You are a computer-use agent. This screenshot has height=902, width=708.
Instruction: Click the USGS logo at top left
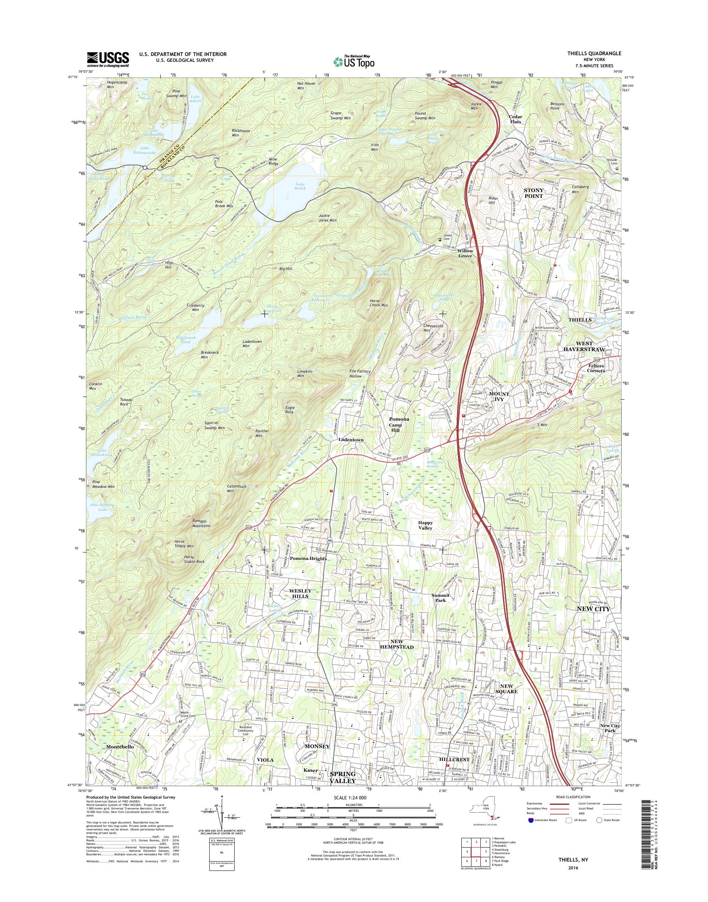[x=108, y=59]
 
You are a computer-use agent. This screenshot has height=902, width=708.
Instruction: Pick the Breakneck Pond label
[x=182, y=339]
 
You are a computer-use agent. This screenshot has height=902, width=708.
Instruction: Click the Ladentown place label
[x=351, y=440]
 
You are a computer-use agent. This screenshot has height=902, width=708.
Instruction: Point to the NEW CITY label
[x=594, y=608]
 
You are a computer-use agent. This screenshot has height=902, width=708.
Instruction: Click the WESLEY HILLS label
[x=300, y=593]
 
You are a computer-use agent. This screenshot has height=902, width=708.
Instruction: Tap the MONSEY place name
[x=317, y=746]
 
